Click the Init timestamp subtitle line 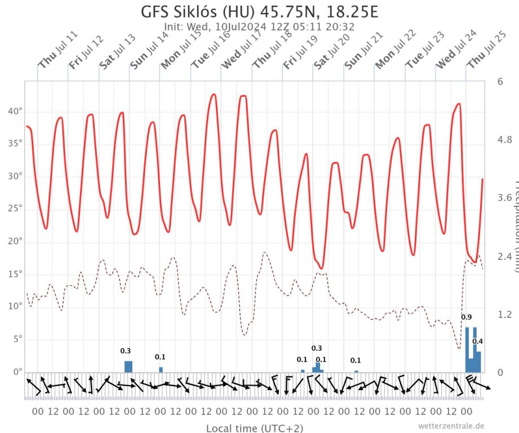pyautogui.click(x=259, y=26)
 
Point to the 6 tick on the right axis pyautogui.click(x=500, y=82)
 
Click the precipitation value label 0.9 pyautogui.click(x=467, y=317)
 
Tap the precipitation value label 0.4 pyautogui.click(x=478, y=341)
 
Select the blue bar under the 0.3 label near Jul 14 pyautogui.click(x=128, y=366)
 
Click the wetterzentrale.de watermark pyautogui.click(x=451, y=426)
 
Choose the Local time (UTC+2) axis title pyautogui.click(x=256, y=428)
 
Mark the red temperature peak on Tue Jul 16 pyautogui.click(x=213, y=95)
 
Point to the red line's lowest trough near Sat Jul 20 pyautogui.click(x=321, y=268)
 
